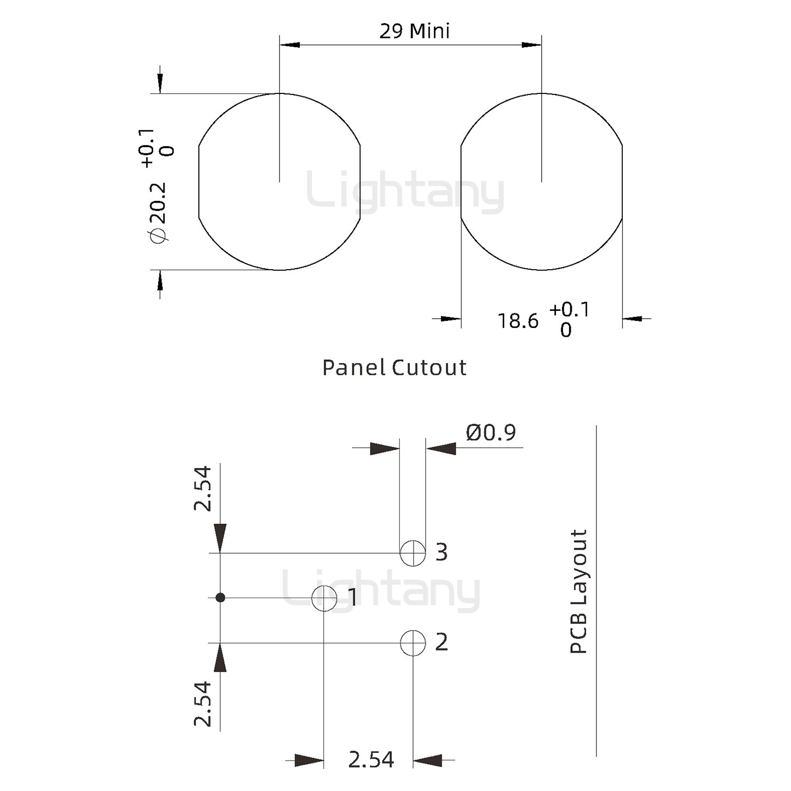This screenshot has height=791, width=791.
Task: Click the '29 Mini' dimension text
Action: tap(414, 31)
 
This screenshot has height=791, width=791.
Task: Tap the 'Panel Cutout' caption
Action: tap(394, 367)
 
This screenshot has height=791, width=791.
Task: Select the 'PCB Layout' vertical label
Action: tap(578, 592)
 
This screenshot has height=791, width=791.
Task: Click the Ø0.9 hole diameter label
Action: tap(491, 433)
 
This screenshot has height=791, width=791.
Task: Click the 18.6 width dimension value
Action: tap(517, 321)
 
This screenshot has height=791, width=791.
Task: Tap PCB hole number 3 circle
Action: tap(413, 553)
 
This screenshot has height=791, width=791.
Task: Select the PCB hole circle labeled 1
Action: tap(324, 598)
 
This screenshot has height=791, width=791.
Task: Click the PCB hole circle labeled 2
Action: tap(413, 643)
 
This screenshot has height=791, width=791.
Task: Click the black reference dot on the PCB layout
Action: tap(220, 598)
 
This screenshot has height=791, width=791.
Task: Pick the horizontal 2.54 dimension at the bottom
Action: tap(371, 760)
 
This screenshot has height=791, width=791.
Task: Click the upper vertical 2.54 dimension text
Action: tap(202, 488)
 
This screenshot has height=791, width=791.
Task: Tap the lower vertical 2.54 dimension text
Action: tap(202, 704)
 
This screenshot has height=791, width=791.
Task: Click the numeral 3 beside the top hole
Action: tap(441, 552)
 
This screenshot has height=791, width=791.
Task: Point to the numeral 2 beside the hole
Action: tap(441, 642)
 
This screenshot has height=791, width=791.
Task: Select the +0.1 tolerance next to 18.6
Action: tap(569, 310)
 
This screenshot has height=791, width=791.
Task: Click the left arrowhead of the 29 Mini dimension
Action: tap(289, 44)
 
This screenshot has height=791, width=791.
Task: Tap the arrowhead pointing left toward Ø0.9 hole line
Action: tap(441, 448)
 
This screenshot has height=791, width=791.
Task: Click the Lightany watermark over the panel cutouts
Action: tap(405, 192)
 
